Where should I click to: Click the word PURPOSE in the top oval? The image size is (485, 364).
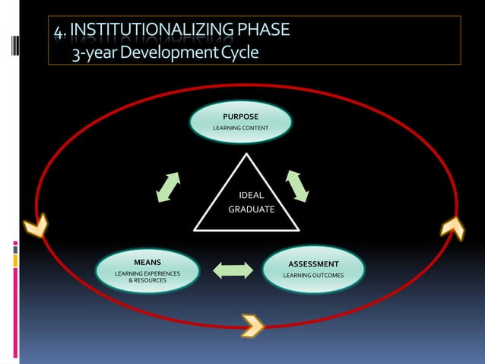point(240,117)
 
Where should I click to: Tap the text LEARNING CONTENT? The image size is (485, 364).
point(240,127)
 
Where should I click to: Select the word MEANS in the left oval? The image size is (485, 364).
point(147,262)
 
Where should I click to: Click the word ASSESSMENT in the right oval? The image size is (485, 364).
point(313,264)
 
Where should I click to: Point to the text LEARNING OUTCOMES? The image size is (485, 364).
point(313,275)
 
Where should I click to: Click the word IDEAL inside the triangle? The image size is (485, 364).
point(252,195)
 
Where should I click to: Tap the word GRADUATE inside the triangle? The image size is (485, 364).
point(252,209)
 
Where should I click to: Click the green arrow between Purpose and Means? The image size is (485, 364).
point(168,187)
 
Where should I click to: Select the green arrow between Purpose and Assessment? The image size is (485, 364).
point(297,185)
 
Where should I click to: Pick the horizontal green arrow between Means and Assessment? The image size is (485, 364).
point(233,270)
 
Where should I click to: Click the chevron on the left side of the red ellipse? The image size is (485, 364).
point(35,225)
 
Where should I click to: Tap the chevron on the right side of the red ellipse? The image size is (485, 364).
point(452,228)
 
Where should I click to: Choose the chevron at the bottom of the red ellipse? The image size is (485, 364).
point(252,325)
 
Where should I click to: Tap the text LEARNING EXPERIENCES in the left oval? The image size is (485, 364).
point(147,273)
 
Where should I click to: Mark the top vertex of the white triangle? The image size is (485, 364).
point(246,154)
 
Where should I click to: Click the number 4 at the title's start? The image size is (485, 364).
point(59,31)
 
